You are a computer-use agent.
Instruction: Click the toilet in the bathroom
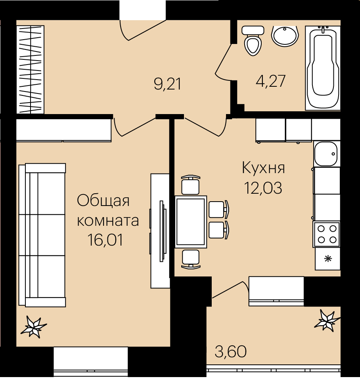click(253, 40)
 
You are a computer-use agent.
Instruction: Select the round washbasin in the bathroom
click(285, 36)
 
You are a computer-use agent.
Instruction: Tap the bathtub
click(323, 68)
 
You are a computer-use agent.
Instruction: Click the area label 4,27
click(270, 81)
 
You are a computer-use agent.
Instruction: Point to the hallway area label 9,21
click(168, 84)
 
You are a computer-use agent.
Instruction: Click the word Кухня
click(263, 168)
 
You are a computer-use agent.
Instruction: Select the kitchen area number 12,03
click(263, 188)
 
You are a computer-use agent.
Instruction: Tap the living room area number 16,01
click(105, 240)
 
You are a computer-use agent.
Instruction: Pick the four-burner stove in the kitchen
click(327, 234)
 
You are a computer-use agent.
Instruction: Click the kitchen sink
click(326, 154)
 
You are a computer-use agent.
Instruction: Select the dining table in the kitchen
click(191, 222)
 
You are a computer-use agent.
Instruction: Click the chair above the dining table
click(190, 185)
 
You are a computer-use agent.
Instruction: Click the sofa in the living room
click(42, 235)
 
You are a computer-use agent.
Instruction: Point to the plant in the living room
click(33, 326)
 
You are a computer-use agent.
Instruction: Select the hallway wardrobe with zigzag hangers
click(30, 69)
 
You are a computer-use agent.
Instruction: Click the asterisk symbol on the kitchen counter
click(328, 259)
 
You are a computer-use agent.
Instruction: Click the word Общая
click(103, 201)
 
